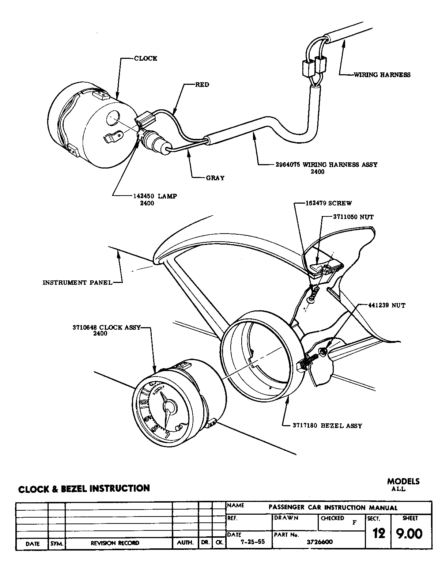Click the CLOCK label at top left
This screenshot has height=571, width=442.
pos(146,58)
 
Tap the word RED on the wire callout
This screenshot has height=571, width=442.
pos(202,85)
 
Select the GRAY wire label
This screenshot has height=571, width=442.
pos(215,178)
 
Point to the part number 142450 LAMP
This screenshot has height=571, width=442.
pos(155,196)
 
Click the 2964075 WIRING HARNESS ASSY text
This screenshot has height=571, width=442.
pos(326,165)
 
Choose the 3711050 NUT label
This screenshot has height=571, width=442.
pos(353,217)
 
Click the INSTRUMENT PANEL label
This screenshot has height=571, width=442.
pos(77,282)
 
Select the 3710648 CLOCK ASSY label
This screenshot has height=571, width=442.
pos(106,328)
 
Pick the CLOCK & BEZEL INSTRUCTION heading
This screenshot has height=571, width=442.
pos(84,488)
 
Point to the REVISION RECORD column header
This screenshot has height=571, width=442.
pos(115,543)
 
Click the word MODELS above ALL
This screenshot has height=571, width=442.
pos(403,481)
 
